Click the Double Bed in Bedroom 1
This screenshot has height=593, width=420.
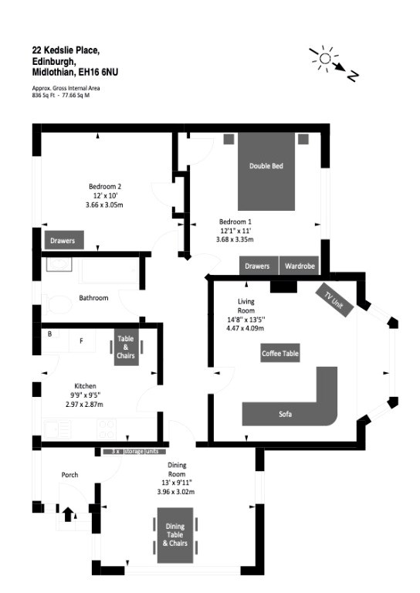point(266,171)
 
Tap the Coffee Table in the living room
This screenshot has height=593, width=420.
point(280,353)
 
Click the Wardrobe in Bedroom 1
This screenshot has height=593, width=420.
point(300,266)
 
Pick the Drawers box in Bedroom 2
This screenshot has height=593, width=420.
point(64,240)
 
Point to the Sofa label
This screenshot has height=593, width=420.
point(286,414)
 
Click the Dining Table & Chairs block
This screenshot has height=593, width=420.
point(175,535)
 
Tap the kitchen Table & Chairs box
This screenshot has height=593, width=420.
point(126,347)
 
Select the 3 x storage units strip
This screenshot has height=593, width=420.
point(135,451)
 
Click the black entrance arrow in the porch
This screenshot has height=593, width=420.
point(68,515)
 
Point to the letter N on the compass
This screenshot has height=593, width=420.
point(352,76)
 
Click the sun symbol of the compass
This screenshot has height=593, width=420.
point(325,58)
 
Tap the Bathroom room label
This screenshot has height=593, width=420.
point(93,298)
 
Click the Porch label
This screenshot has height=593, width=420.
point(70,475)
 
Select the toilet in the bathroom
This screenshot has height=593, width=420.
point(57,305)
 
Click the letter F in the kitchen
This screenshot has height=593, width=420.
point(81,341)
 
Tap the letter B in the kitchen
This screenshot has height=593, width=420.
point(50,334)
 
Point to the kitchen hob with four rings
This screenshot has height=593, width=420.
point(107,429)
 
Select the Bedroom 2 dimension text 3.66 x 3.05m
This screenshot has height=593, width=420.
point(104,205)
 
